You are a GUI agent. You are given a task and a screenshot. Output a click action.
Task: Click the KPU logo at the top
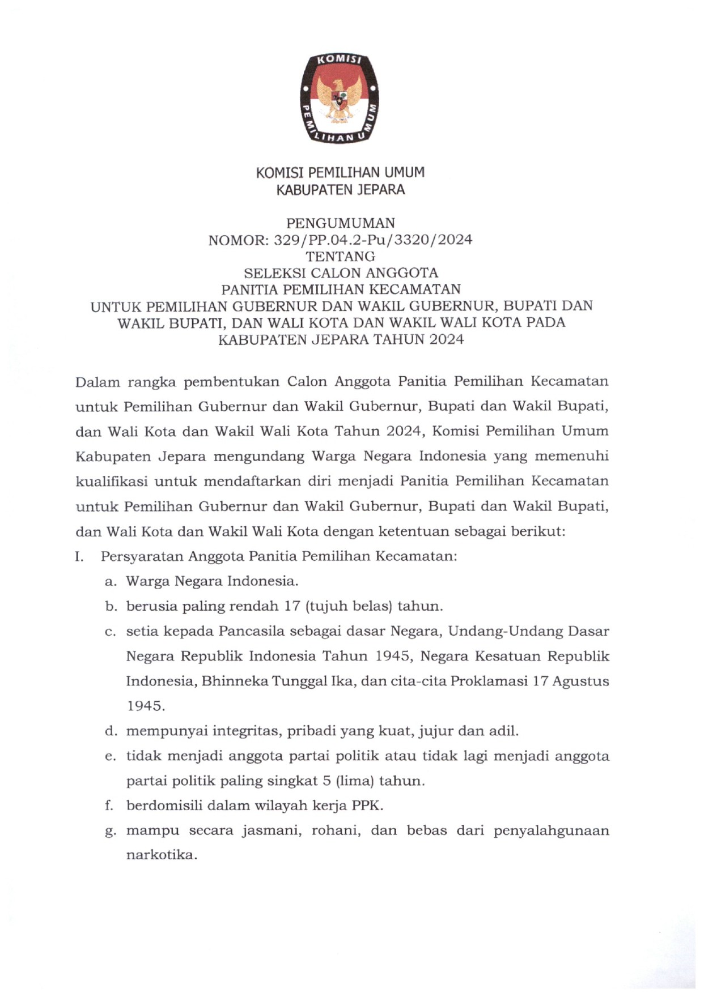pyautogui.click(x=340, y=98)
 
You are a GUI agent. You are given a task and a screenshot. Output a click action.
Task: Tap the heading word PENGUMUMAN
pyautogui.click(x=340, y=223)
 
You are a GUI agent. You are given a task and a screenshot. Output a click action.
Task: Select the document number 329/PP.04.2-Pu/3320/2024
pyautogui.click(x=373, y=240)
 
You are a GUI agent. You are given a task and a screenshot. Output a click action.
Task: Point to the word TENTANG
pyautogui.click(x=340, y=257)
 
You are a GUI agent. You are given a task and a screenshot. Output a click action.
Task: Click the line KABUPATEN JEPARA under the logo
pyautogui.click(x=340, y=190)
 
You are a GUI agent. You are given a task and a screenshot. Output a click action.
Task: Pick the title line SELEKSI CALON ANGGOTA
pyautogui.click(x=341, y=273)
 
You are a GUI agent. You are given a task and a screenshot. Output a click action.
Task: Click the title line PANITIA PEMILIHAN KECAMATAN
pyautogui.click(x=341, y=289)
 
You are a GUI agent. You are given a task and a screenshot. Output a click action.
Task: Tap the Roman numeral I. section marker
pyautogui.click(x=79, y=556)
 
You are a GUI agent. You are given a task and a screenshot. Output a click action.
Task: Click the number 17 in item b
pyautogui.click(x=292, y=606)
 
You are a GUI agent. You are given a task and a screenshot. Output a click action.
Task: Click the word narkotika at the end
pyautogui.click(x=161, y=855)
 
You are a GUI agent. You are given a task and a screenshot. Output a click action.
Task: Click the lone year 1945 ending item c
pyautogui.click(x=145, y=706)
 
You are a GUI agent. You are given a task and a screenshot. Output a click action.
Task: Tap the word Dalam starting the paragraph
pyautogui.click(x=97, y=382)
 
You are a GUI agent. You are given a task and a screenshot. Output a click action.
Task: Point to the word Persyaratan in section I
pyautogui.click(x=142, y=557)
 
